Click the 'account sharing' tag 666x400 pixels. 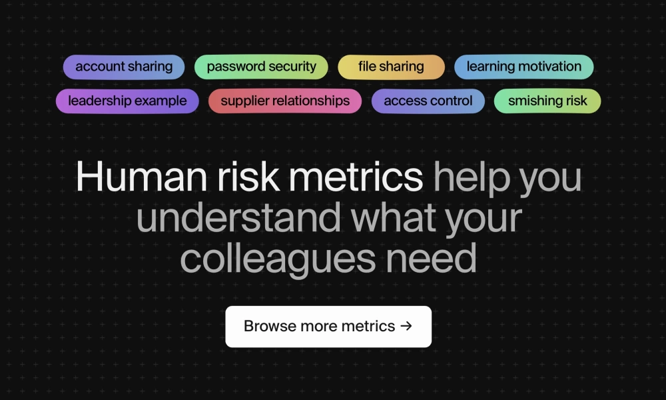point(124,67)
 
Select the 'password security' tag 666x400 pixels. point(261,67)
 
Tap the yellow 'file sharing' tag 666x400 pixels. point(391,67)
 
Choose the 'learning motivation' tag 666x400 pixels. point(523,67)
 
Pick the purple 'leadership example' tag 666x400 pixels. point(127,101)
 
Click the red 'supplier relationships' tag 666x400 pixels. point(285,101)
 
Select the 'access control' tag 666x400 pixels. point(428,101)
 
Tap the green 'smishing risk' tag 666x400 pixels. point(547,101)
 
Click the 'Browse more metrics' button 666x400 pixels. point(328,327)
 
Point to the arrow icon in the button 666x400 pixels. point(406,326)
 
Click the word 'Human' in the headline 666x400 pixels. point(141,177)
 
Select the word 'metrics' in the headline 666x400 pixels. point(356,177)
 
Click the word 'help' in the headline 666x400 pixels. point(472,179)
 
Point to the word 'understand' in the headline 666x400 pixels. point(238,217)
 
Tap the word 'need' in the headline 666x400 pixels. point(431,257)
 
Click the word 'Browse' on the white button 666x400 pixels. point(270,326)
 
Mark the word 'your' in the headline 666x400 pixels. point(484,220)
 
